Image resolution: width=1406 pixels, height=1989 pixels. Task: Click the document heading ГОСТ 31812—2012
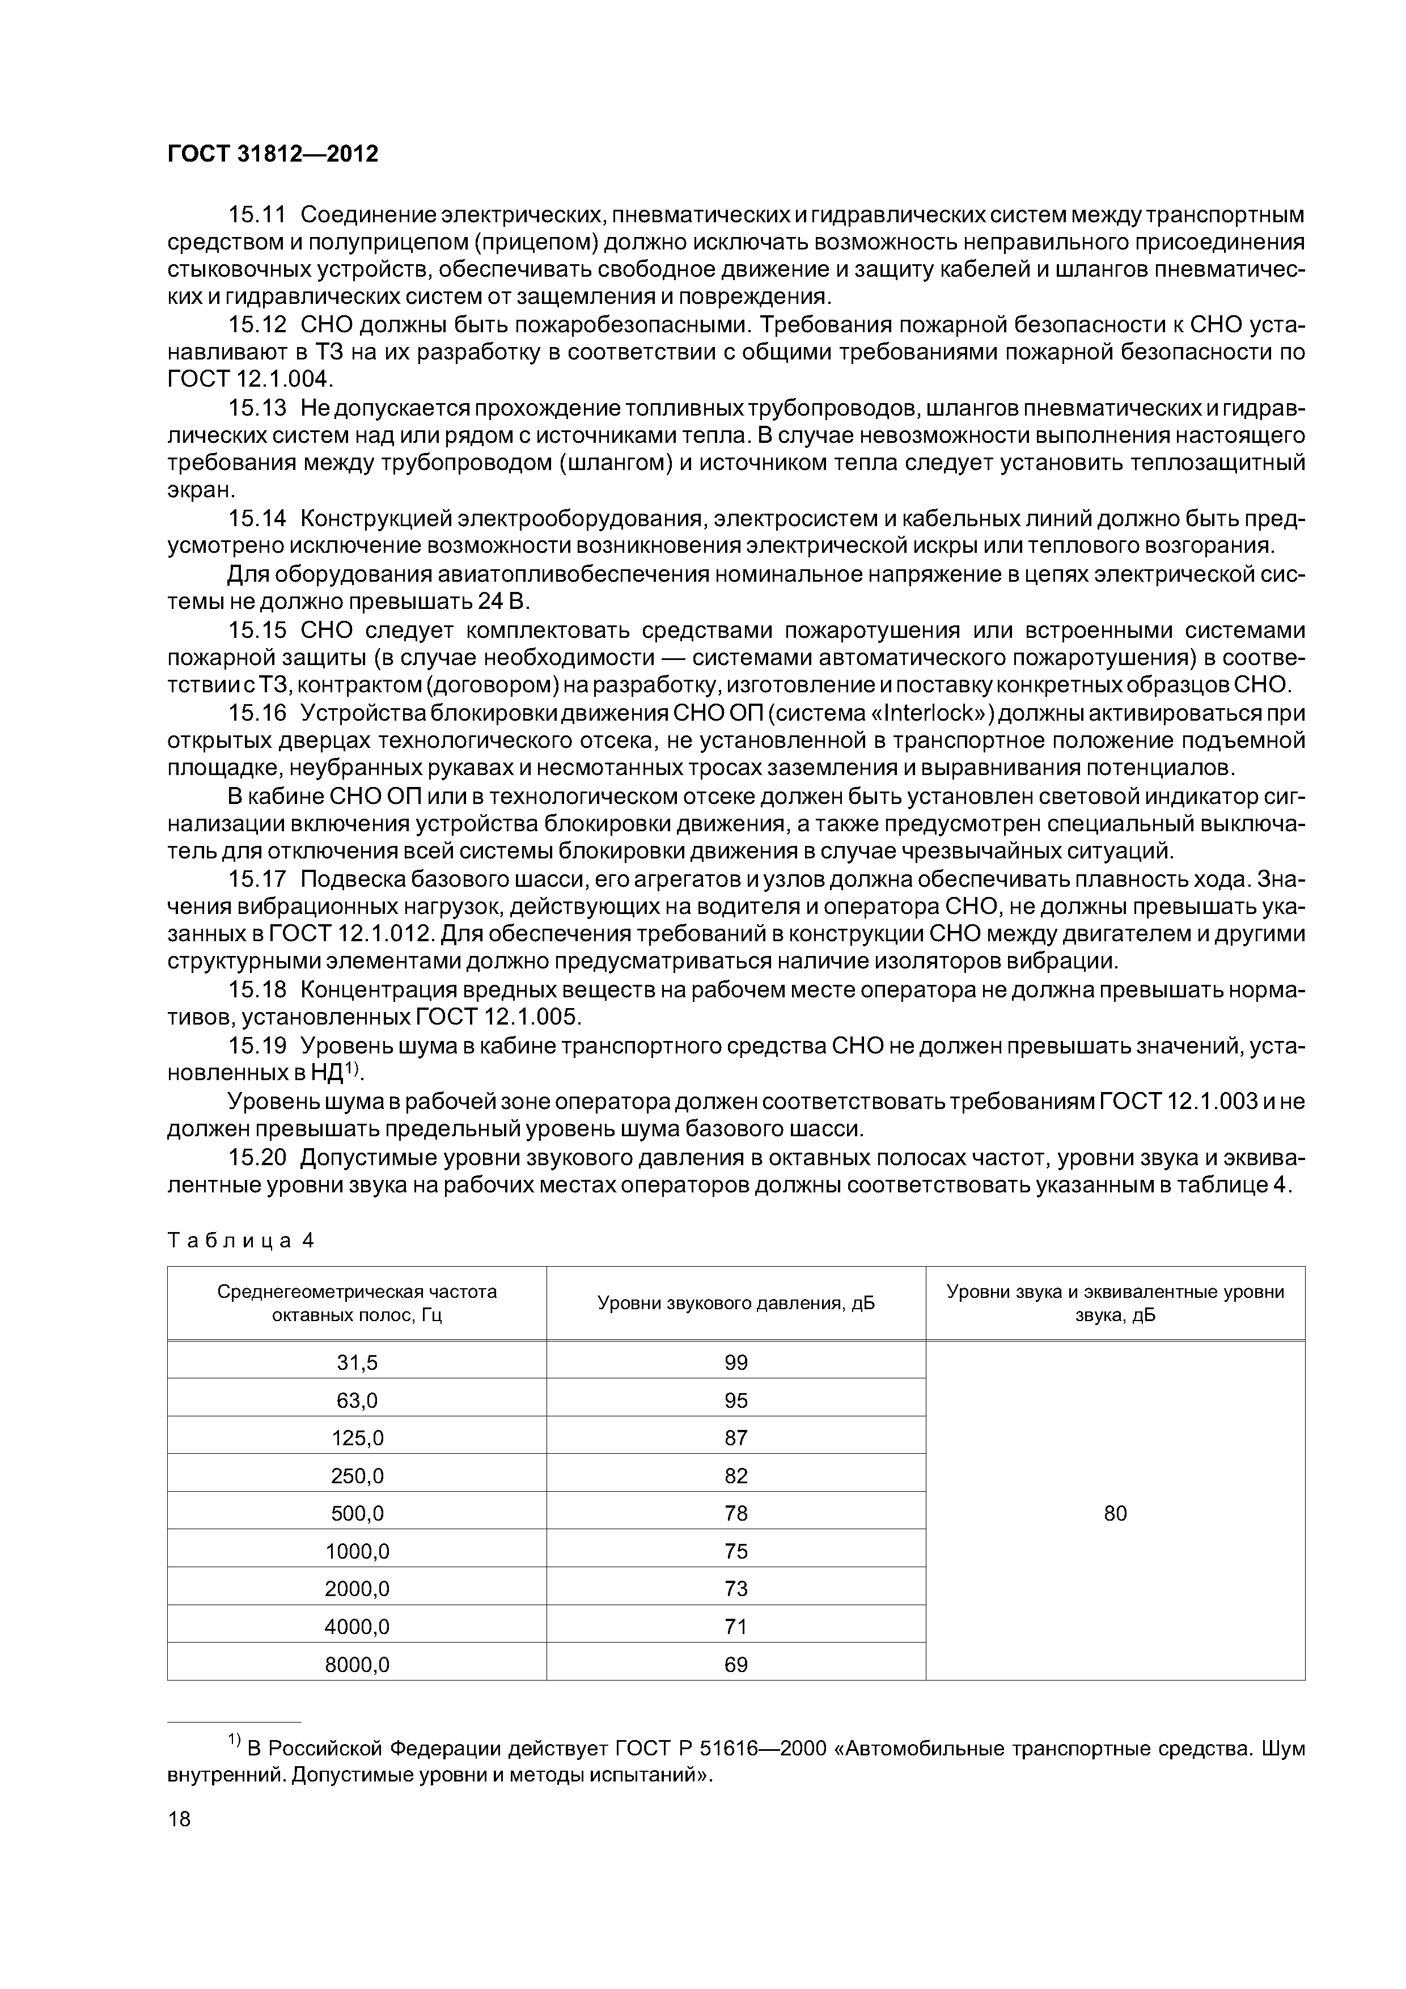coord(272,154)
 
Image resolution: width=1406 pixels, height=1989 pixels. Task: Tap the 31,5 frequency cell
coord(357,1362)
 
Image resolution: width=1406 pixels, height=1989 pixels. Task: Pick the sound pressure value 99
coord(735,1362)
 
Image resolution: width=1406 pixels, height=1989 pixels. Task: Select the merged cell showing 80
coord(1115,1513)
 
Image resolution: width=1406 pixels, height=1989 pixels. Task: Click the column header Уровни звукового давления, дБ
coord(735,1304)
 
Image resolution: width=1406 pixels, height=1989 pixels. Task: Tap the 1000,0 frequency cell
coord(357,1551)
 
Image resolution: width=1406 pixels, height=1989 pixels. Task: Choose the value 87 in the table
coord(735,1438)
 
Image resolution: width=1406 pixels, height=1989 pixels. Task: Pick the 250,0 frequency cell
coord(357,1475)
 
